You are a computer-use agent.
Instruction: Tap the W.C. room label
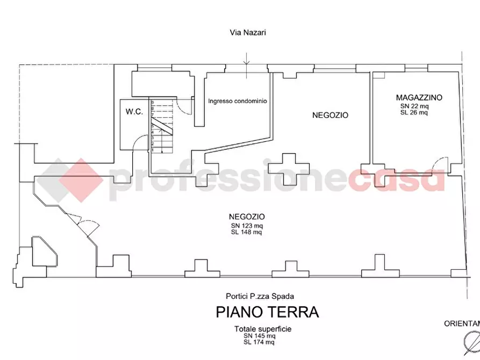point(134,112)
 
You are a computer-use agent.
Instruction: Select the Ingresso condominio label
point(238,100)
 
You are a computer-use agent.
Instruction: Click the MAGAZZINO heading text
point(419,98)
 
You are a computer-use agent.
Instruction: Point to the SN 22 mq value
point(414,106)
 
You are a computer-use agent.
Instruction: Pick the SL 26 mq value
point(414,112)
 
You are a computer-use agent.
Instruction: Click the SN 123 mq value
point(246,225)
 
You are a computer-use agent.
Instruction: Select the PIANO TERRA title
point(267,312)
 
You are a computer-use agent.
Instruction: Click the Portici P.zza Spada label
point(260,296)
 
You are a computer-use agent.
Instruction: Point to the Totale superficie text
point(263,329)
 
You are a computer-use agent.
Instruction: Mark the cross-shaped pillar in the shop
point(288,167)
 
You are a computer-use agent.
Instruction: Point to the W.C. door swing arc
point(141,141)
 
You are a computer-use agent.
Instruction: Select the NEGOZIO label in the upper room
point(331,115)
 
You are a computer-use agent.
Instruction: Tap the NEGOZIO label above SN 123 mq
point(246,217)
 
